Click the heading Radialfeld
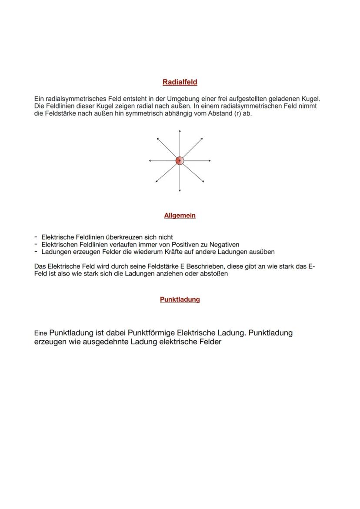180,82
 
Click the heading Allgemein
180,216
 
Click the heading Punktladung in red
180,299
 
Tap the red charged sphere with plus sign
180,161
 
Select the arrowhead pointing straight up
180,131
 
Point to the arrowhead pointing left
150,161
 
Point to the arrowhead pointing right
210,161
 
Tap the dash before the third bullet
36,252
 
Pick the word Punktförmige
152,333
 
